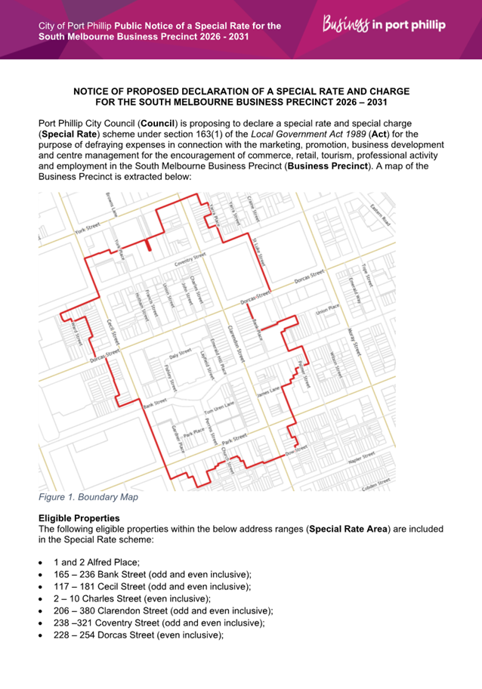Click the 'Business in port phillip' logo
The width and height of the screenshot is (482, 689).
[x=385, y=25]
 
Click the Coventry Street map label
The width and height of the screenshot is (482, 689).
[x=190, y=260]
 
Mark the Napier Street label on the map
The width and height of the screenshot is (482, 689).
[x=364, y=459]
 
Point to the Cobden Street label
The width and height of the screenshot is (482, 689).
[x=376, y=482]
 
